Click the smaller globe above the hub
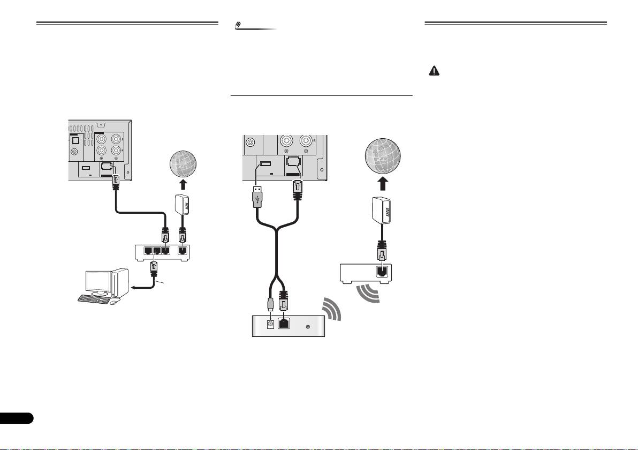(182, 164)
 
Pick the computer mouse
(113, 303)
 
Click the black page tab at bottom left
(16, 418)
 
